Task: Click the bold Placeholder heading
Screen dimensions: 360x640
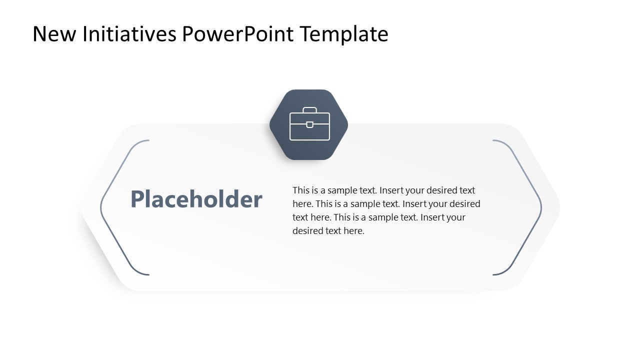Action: click(x=196, y=199)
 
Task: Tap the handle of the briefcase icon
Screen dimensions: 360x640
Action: click(x=309, y=110)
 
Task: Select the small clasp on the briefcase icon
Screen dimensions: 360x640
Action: click(x=309, y=124)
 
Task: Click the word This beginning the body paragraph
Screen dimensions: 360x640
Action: click(x=301, y=190)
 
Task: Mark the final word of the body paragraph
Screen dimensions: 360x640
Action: click(x=354, y=231)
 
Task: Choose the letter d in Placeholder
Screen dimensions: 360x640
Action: click(x=235, y=199)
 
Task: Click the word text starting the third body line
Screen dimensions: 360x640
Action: click(x=300, y=217)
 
